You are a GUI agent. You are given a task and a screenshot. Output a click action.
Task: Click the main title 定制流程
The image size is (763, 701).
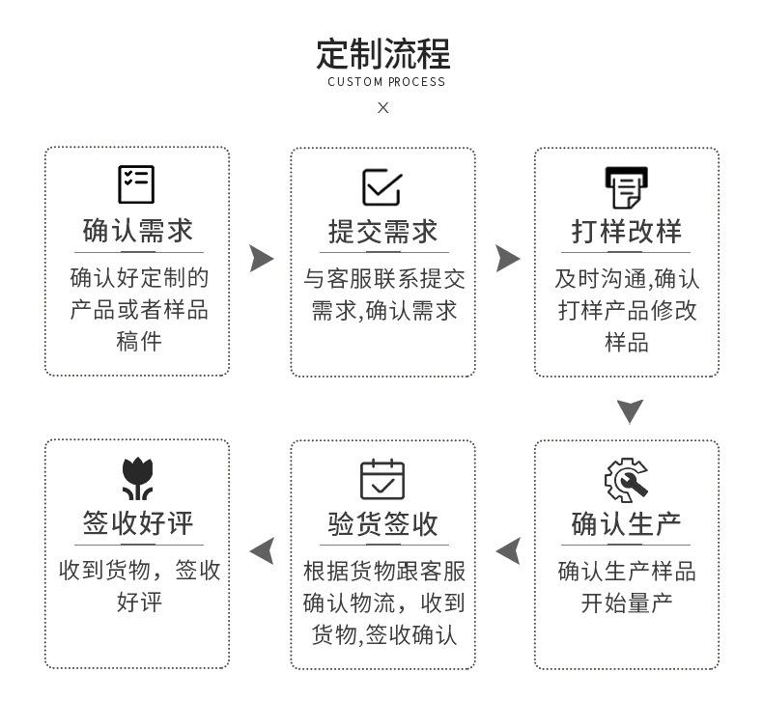[382, 53]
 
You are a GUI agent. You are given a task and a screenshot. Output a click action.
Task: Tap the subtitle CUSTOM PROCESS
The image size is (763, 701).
[386, 82]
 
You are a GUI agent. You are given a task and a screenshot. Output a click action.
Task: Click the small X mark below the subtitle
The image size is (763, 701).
[383, 107]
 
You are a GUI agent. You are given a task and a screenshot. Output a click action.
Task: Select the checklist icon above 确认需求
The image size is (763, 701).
[136, 184]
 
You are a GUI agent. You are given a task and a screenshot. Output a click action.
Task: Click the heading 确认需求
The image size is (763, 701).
[137, 232]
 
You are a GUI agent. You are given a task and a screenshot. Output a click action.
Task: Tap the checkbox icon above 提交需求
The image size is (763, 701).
[382, 186]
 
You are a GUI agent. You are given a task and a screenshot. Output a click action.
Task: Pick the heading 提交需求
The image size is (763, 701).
[382, 232]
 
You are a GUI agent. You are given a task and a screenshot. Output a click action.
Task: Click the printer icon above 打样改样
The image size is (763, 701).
[627, 186]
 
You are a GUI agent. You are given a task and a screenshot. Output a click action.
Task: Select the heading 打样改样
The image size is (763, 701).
[627, 232]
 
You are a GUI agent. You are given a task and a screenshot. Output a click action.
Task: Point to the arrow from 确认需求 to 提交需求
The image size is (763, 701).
[261, 259]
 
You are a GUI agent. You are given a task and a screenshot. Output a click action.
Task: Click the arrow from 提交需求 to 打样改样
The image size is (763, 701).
[507, 259]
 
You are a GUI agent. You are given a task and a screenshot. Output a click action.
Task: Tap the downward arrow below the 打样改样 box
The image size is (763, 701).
[630, 411]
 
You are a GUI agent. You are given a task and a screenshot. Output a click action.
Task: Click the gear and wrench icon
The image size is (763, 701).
[626, 480]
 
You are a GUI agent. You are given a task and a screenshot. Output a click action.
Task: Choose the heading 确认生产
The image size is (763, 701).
[627, 524]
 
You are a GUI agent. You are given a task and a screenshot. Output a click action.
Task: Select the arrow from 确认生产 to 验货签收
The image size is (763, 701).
[508, 551]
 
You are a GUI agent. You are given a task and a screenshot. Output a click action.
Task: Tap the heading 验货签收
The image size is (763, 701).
[382, 524]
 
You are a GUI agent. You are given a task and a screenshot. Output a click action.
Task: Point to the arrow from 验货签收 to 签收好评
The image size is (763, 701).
[262, 551]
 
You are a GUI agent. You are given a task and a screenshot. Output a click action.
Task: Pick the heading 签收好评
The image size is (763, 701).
[137, 524]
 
